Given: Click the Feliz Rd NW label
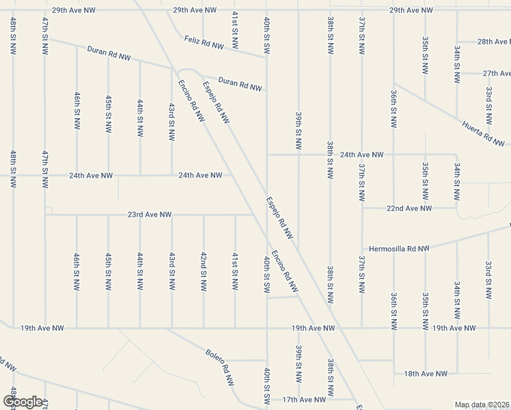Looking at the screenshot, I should click(x=204, y=43).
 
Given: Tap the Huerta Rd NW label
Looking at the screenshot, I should click(x=482, y=133).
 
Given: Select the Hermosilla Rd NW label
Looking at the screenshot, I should click(x=399, y=249).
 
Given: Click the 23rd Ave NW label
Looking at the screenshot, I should click(x=149, y=215).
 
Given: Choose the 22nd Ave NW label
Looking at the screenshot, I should click(x=409, y=208).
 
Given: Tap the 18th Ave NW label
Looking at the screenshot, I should click(x=426, y=374).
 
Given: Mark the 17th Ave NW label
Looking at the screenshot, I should click(x=305, y=399).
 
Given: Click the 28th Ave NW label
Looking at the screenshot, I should click(x=494, y=42).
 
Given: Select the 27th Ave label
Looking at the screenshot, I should click(x=497, y=73).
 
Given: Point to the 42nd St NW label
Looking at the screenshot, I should click(x=204, y=271).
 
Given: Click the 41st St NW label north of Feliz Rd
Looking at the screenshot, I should click(x=235, y=29).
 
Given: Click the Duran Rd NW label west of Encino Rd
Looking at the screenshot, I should click(x=109, y=53).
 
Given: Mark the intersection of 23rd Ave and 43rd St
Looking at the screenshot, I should click(x=171, y=215).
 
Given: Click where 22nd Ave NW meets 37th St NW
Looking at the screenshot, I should click(x=362, y=208).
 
